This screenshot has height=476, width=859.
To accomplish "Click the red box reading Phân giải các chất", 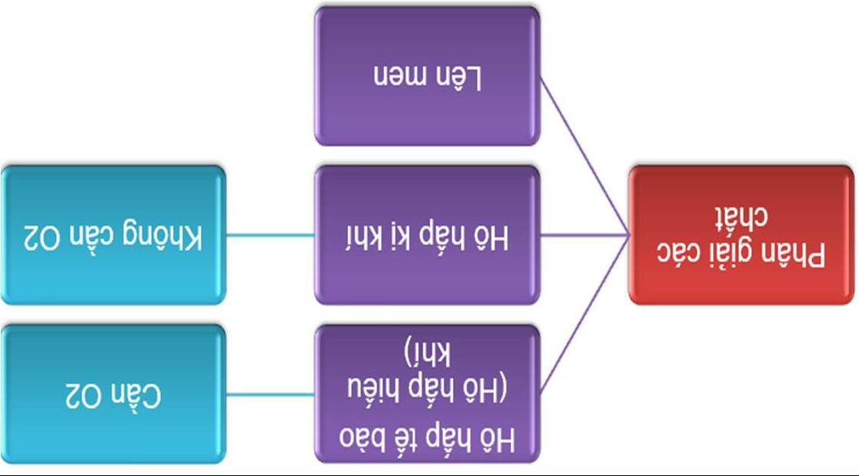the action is pyautogui.click(x=740, y=234).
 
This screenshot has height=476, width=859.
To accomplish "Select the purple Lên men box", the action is pyautogui.click(x=427, y=76).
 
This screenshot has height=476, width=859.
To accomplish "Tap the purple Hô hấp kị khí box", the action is pyautogui.click(x=427, y=234).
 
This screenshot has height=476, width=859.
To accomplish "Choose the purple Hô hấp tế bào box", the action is pyautogui.click(x=427, y=393).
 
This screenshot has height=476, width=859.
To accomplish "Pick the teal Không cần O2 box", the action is pyautogui.click(x=113, y=234).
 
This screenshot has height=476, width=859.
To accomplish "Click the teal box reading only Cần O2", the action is pyautogui.click(x=113, y=393).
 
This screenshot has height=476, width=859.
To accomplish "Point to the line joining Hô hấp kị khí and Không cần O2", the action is pyautogui.click(x=270, y=235).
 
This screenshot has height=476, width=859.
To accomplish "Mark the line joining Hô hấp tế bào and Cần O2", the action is pyautogui.click(x=270, y=394).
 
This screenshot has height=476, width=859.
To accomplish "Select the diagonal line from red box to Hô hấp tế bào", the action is pyautogui.click(x=584, y=315).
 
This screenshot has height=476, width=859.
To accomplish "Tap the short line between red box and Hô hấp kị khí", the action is pyautogui.click(x=584, y=235).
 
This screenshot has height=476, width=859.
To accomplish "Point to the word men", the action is pyautogui.click(x=397, y=77).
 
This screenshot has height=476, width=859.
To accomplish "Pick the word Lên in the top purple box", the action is pyautogui.click(x=460, y=77).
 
